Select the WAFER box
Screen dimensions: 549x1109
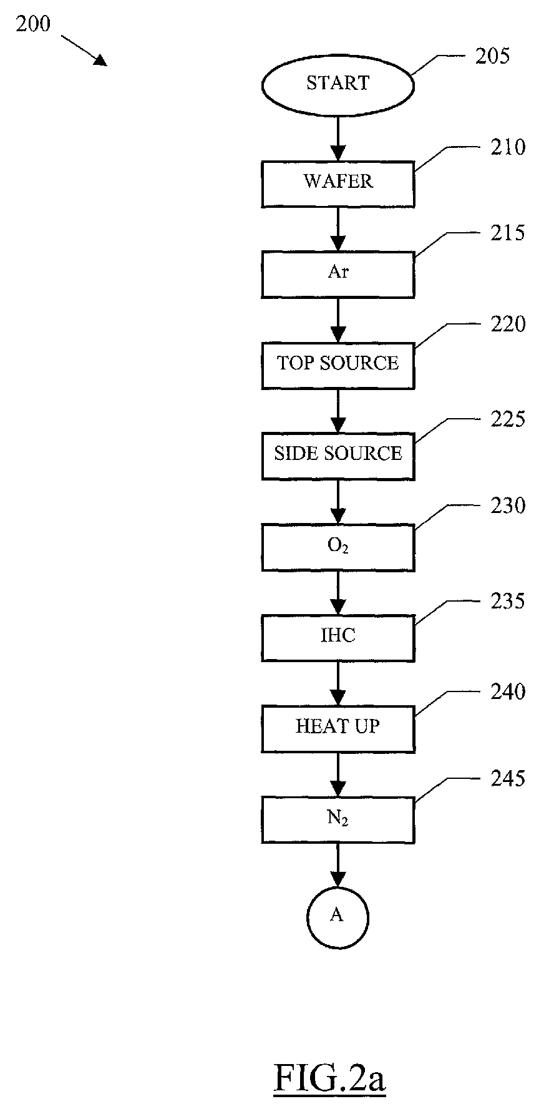click(x=338, y=184)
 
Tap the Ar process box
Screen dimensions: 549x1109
click(x=338, y=275)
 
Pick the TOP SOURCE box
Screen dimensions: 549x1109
click(x=338, y=366)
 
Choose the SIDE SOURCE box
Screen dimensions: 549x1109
click(x=338, y=456)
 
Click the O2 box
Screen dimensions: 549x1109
click(x=338, y=547)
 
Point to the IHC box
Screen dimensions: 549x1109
click(x=338, y=638)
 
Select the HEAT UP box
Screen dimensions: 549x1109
click(x=338, y=729)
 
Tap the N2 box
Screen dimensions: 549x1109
click(x=338, y=820)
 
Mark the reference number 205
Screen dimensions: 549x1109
click(x=493, y=56)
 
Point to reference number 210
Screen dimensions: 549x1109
click(x=508, y=147)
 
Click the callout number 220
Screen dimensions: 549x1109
click(x=508, y=325)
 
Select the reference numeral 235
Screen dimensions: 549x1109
click(x=508, y=602)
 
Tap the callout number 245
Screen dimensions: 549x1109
click(x=508, y=779)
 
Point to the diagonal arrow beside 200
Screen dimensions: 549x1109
click(x=84, y=49)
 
